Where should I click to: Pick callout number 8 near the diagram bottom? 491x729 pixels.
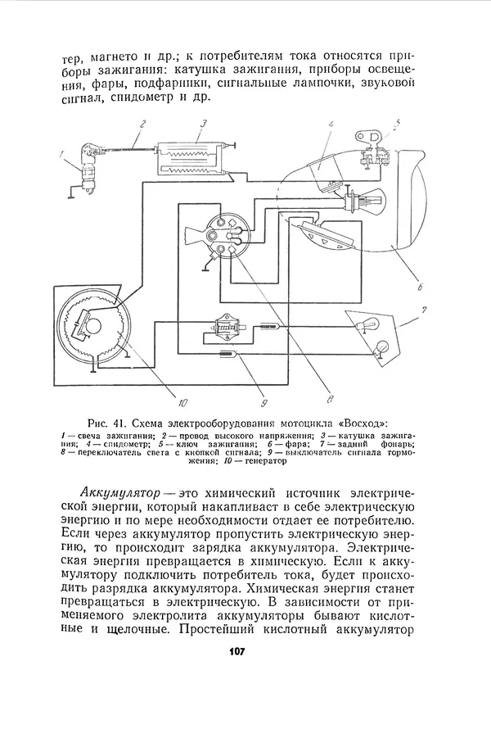(x=329, y=401)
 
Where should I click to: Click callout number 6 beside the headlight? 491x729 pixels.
(x=418, y=287)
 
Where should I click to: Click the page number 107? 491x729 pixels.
(x=236, y=650)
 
